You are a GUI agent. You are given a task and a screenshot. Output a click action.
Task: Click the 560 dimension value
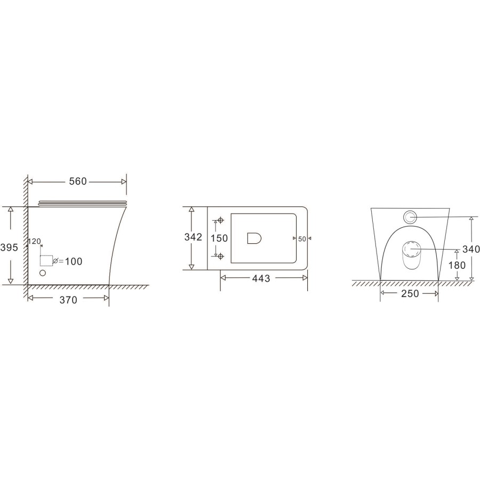pyautogui.click(x=77, y=182)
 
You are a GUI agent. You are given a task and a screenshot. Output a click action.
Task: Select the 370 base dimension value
pyautogui.click(x=68, y=300)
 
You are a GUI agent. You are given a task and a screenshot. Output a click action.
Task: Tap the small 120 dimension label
pyautogui.click(x=35, y=242)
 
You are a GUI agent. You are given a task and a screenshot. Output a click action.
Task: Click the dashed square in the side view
pyautogui.click(x=47, y=261)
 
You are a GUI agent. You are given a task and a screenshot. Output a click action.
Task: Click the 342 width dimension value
pyautogui.click(x=193, y=237)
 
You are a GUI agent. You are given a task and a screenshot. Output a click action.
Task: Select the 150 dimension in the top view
pyautogui.click(x=219, y=238)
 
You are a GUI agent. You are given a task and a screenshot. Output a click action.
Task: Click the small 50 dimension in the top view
pyautogui.click(x=302, y=239)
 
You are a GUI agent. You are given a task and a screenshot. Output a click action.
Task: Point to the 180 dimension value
pyautogui.click(x=457, y=265)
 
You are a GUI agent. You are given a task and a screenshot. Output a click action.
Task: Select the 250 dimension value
pyautogui.click(x=409, y=293)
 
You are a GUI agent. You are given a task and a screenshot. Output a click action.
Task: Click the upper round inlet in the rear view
pyautogui.click(x=410, y=217)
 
